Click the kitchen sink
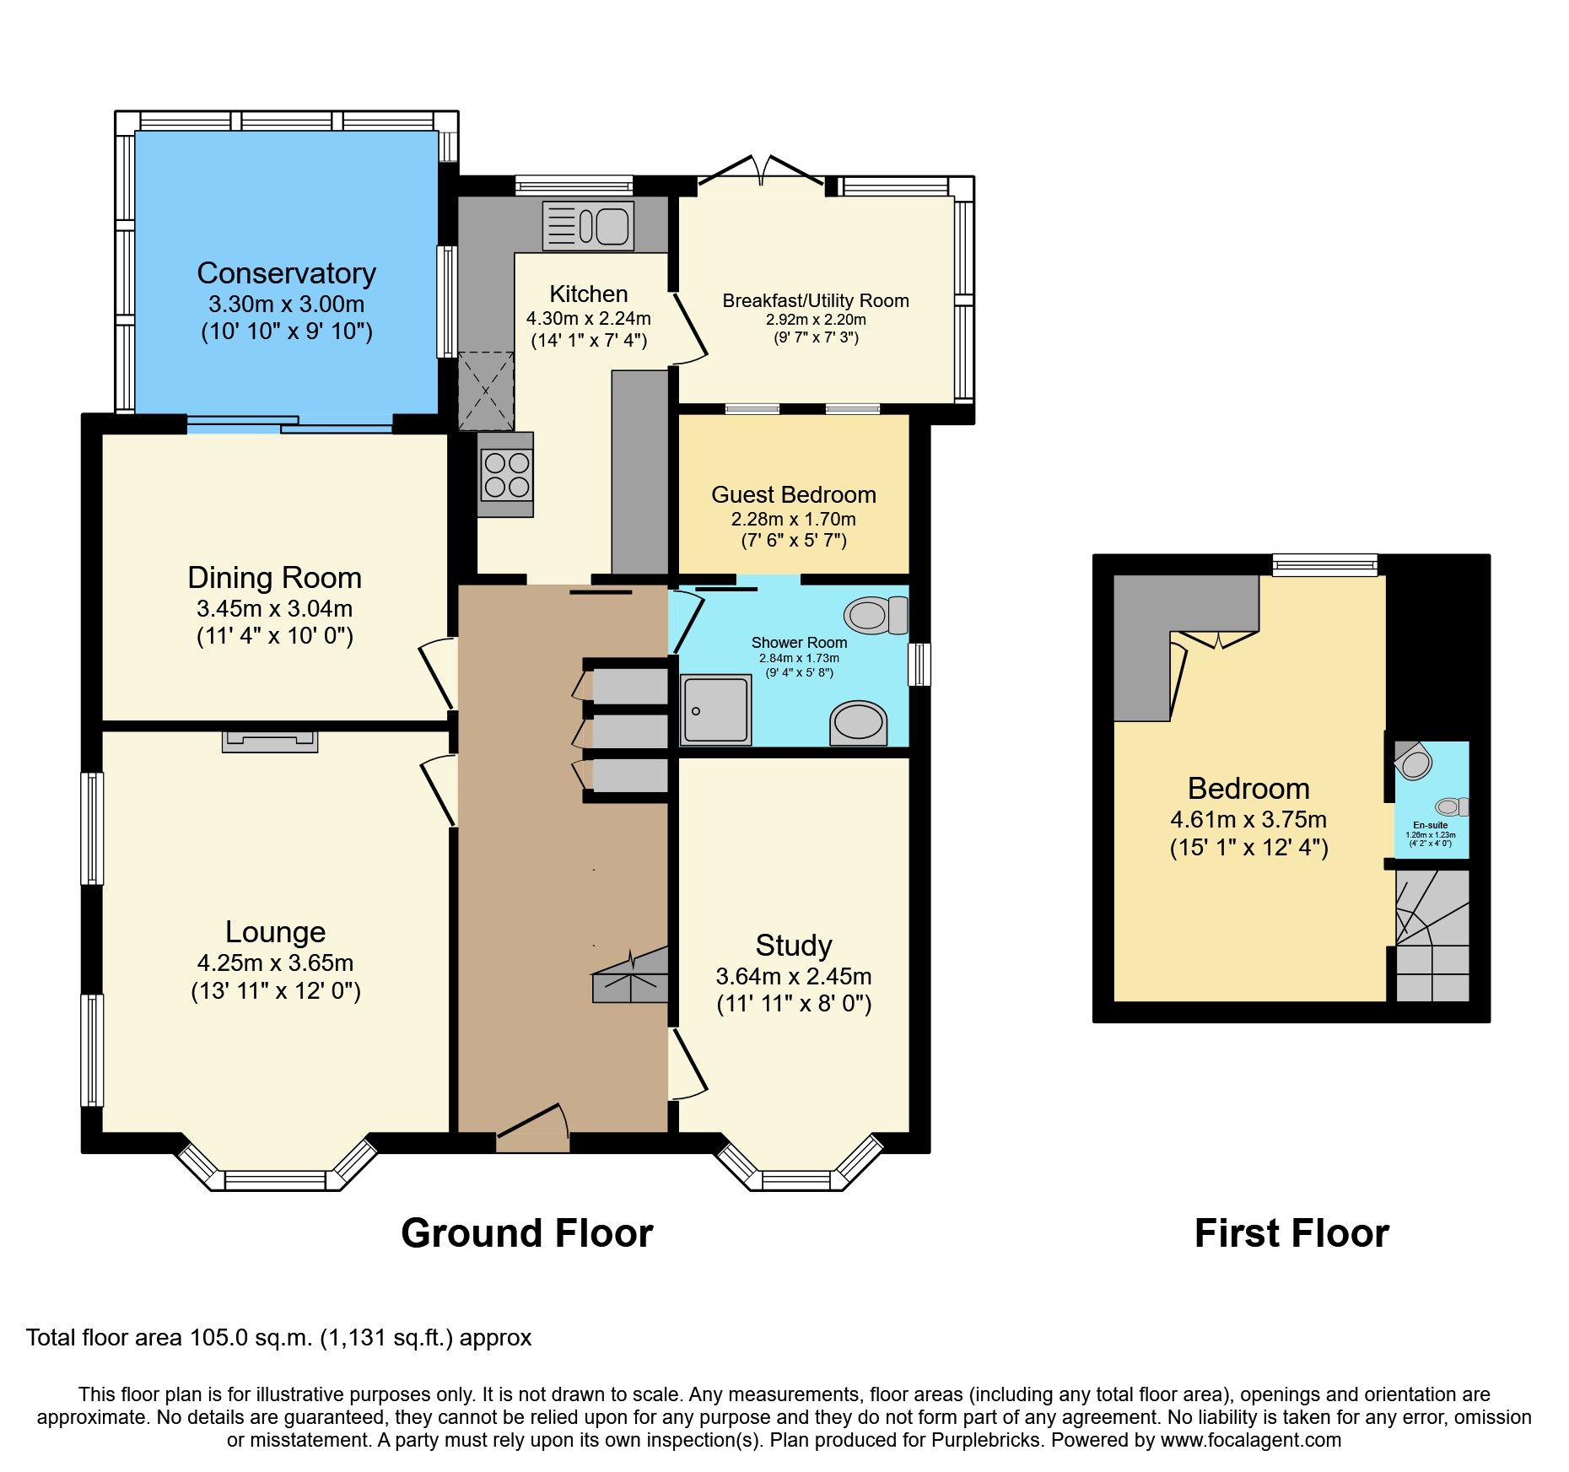pyautogui.click(x=588, y=226)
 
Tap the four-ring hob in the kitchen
pyautogui.click(x=506, y=475)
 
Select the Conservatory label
pyautogui.click(x=286, y=273)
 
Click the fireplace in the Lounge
pyautogui.click(x=270, y=741)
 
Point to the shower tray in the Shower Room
pyautogui.click(x=716, y=709)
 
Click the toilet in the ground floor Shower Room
pyautogui.click(x=876, y=615)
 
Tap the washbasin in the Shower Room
pyautogui.click(x=858, y=723)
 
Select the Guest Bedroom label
pyautogui.click(x=793, y=494)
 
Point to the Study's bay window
pyautogui.click(x=796, y=1178)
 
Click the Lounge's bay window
pyautogui.click(x=277, y=1178)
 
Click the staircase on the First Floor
pyautogui.click(x=1432, y=936)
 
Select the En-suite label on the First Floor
pyautogui.click(x=1431, y=825)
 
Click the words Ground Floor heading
pyautogui.click(x=526, y=1233)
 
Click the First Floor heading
pyautogui.click(x=1291, y=1233)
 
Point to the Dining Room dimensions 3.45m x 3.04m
pyautogui.click(x=274, y=608)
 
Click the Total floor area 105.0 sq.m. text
pyautogui.click(x=278, y=1338)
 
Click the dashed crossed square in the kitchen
pyautogui.click(x=486, y=391)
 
